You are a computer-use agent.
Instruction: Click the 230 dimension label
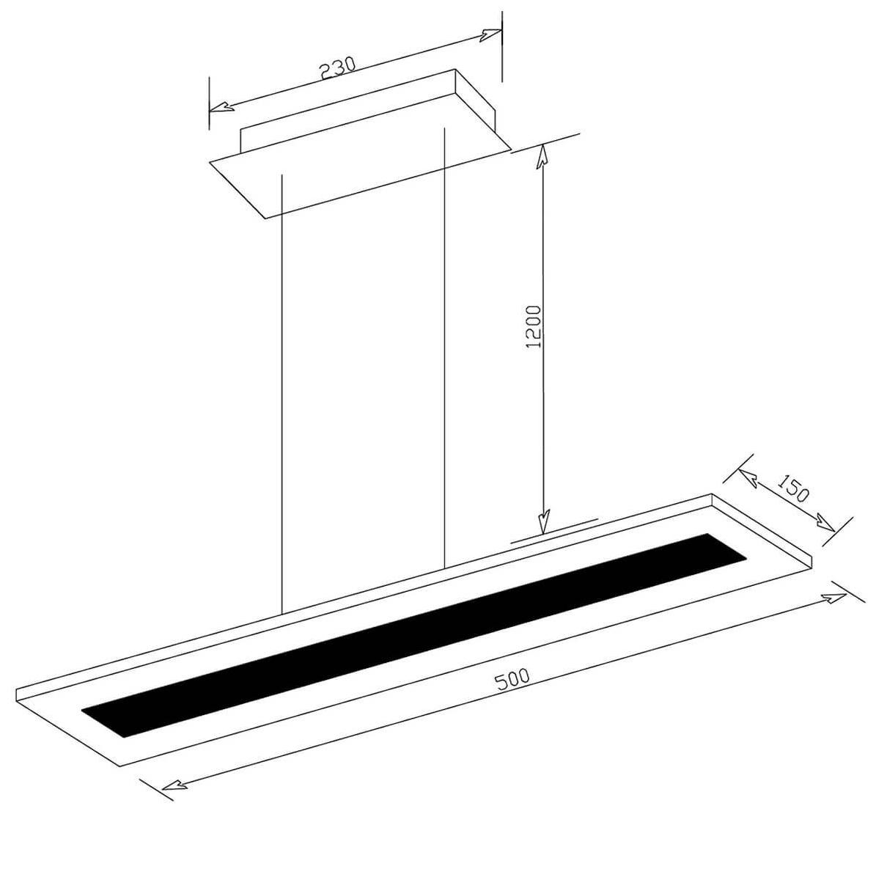click(337, 68)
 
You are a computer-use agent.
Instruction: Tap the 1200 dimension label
click(533, 326)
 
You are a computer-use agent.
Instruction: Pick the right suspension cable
click(444, 348)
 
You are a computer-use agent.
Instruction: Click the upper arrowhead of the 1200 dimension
click(542, 156)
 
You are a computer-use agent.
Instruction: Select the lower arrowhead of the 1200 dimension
click(543, 521)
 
